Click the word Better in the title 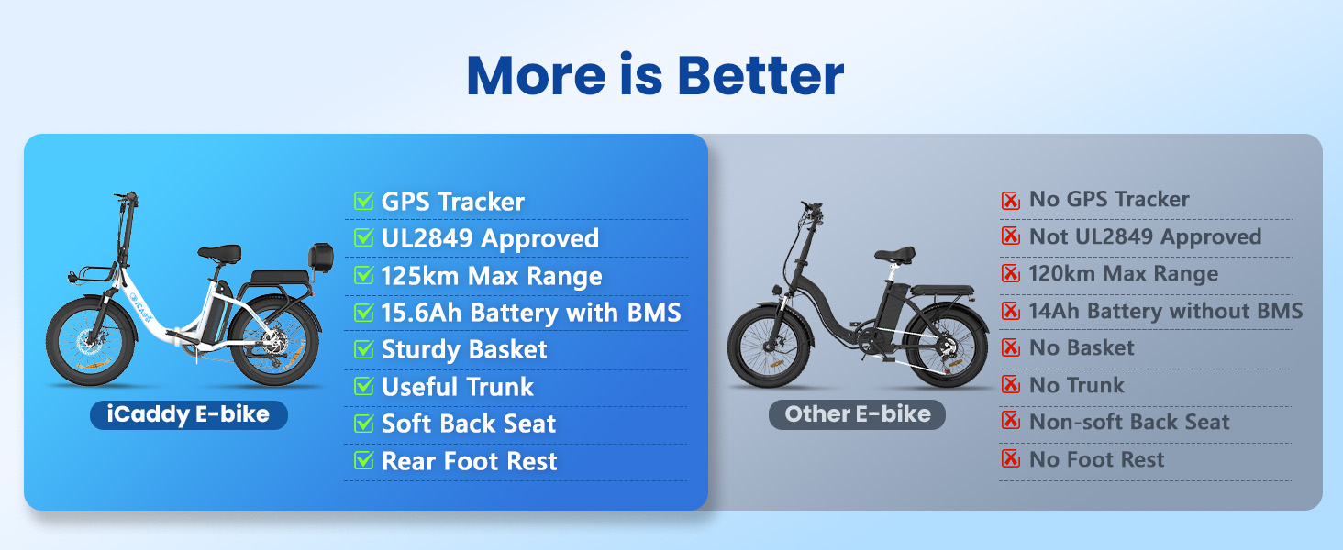pyautogui.click(x=760, y=75)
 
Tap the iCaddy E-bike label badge pyautogui.click(x=189, y=414)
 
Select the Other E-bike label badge pyautogui.click(x=858, y=414)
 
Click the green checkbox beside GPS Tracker pyautogui.click(x=363, y=201)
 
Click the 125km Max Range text pyautogui.click(x=492, y=276)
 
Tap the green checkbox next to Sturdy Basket pyautogui.click(x=363, y=348)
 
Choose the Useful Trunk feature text pyautogui.click(x=458, y=387)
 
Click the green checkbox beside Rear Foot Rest pyautogui.click(x=363, y=460)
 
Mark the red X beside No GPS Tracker pyautogui.click(x=1011, y=200)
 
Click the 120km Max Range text pyautogui.click(x=1124, y=273)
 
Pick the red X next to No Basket pyautogui.click(x=1011, y=346)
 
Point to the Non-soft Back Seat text pyautogui.click(x=1129, y=421)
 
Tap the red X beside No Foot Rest pyautogui.click(x=1011, y=459)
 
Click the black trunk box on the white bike pyautogui.click(x=321, y=258)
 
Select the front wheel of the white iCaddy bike pyautogui.click(x=91, y=342)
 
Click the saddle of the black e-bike pyautogui.click(x=894, y=255)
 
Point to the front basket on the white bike pyautogui.click(x=92, y=275)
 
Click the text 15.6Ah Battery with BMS pyautogui.click(x=531, y=313)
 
